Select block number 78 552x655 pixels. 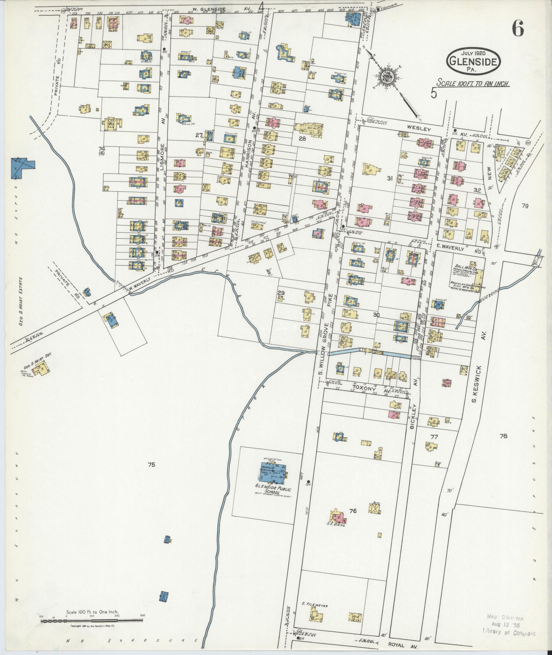click(x=503, y=436)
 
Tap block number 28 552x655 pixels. click(x=302, y=139)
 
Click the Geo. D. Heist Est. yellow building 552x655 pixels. click(x=42, y=370)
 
